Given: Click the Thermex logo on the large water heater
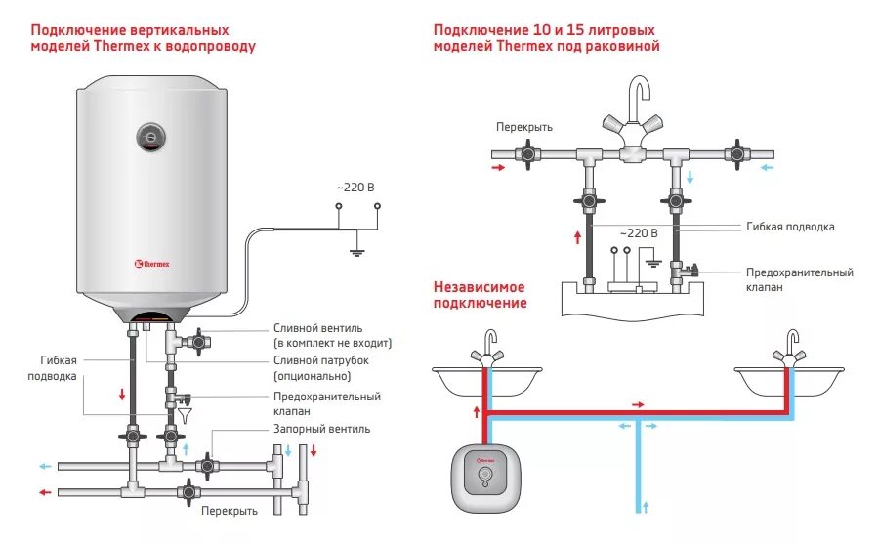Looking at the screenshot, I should pyautogui.click(x=153, y=262).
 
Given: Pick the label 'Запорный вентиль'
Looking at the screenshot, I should pyautogui.click(x=322, y=429).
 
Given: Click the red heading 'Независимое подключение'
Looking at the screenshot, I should pyautogui.click(x=480, y=295).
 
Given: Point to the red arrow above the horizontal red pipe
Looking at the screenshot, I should pyautogui.click(x=638, y=403).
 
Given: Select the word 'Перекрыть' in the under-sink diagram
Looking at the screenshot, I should pyautogui.click(x=523, y=127).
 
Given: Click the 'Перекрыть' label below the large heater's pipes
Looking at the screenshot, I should pyautogui.click(x=230, y=511).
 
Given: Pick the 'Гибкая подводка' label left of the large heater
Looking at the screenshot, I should pyautogui.click(x=54, y=368).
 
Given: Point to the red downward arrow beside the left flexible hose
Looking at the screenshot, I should pyautogui.click(x=122, y=395).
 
